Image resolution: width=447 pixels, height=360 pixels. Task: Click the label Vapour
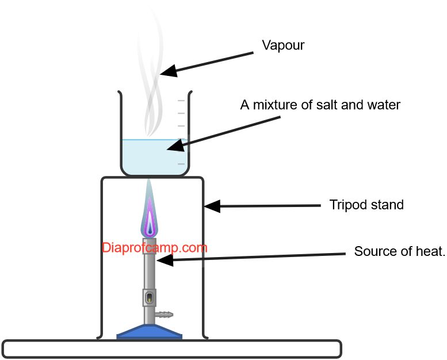(283, 45)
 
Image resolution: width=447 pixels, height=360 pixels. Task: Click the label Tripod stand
(366, 205)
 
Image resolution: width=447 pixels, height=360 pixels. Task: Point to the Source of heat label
(399, 251)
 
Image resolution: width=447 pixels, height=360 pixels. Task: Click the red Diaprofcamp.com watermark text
(154, 248)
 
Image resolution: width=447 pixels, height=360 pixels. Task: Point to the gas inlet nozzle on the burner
(165, 315)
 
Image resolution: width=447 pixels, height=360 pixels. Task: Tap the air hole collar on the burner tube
(150, 297)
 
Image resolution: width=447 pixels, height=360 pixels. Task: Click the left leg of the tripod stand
(102, 259)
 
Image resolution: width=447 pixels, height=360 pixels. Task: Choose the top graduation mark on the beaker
(181, 101)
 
